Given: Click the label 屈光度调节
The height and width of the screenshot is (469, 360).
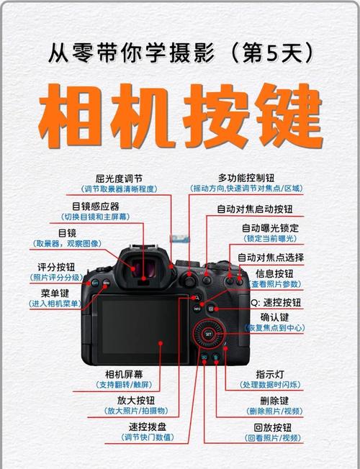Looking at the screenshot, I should point(120,178).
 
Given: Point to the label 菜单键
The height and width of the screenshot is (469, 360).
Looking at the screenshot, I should point(55,293).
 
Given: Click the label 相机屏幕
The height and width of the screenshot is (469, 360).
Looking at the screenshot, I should point(125,374).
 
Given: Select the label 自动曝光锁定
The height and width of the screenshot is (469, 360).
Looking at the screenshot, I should point(269,227).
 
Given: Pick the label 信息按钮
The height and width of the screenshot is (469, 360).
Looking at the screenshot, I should point(274,274).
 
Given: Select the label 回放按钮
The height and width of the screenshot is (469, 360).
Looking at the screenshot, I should point(274,427).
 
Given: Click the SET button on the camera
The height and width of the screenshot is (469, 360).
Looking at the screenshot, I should point(207,334).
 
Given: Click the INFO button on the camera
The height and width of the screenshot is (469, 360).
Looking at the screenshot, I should point(197,309).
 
